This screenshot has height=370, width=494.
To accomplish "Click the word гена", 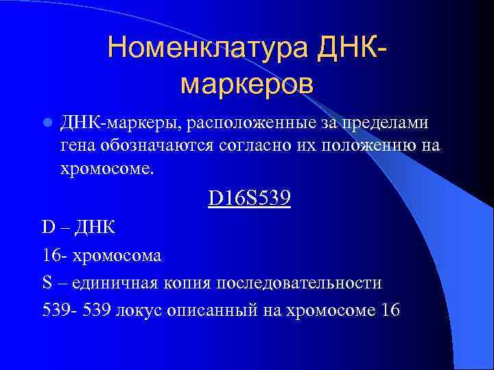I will [x=80, y=146].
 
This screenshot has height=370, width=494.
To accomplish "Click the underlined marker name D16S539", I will [x=250, y=199].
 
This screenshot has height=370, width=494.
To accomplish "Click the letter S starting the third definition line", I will [x=45, y=282].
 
